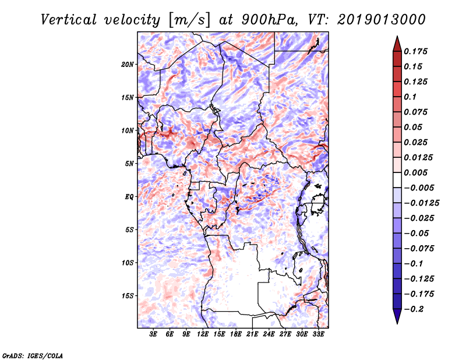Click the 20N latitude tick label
127,65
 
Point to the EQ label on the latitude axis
129,197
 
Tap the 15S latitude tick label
127,296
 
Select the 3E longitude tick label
153,334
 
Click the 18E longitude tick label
236,334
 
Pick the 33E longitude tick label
318,334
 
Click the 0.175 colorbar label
415,51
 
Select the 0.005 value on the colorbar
415,172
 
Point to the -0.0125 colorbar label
421,203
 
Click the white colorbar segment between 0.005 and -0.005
397,180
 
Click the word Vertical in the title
69,20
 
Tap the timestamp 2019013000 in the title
382,20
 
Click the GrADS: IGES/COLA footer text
33,355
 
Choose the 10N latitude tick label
127,130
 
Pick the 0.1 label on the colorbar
410,97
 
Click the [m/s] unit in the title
189,20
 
